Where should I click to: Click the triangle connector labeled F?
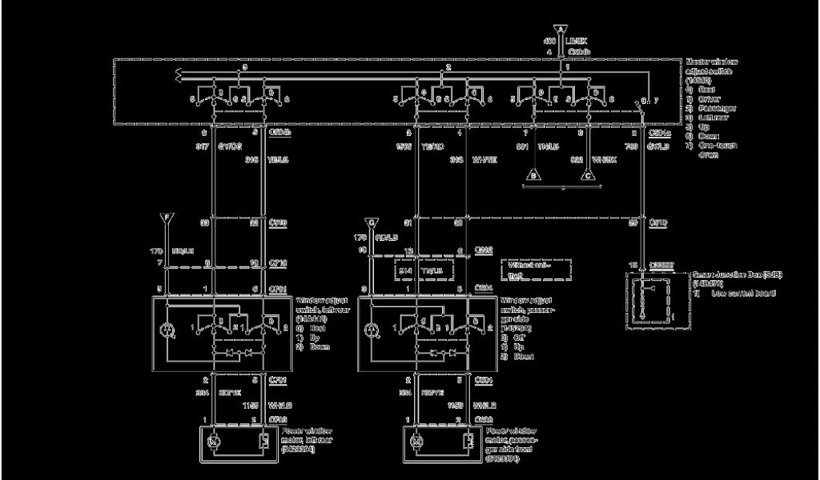165,217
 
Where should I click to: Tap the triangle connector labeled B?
532,174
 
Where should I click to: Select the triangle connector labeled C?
589,174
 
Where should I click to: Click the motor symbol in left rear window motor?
213,441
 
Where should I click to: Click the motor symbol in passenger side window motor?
417,441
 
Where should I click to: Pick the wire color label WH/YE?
484,160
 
